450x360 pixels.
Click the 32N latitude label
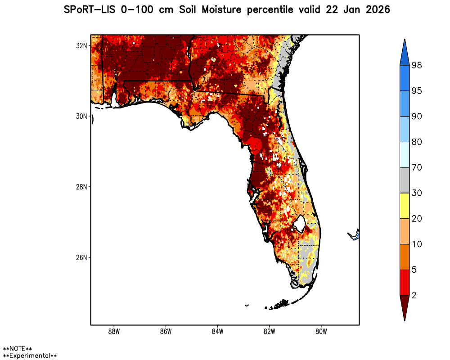click(81, 45)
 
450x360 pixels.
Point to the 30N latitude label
click(81, 116)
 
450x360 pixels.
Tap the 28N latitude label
click(81, 187)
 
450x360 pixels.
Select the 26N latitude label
click(81, 257)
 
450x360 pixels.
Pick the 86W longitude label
click(166, 332)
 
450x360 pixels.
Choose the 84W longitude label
click(217, 332)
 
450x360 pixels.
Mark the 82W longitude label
click(269, 332)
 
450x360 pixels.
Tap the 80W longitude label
click(321, 332)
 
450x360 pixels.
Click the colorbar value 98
click(416, 65)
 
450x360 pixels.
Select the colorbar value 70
click(416, 167)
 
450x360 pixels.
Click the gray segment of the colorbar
click(404, 180)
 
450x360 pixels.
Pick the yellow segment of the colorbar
click(404, 206)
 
